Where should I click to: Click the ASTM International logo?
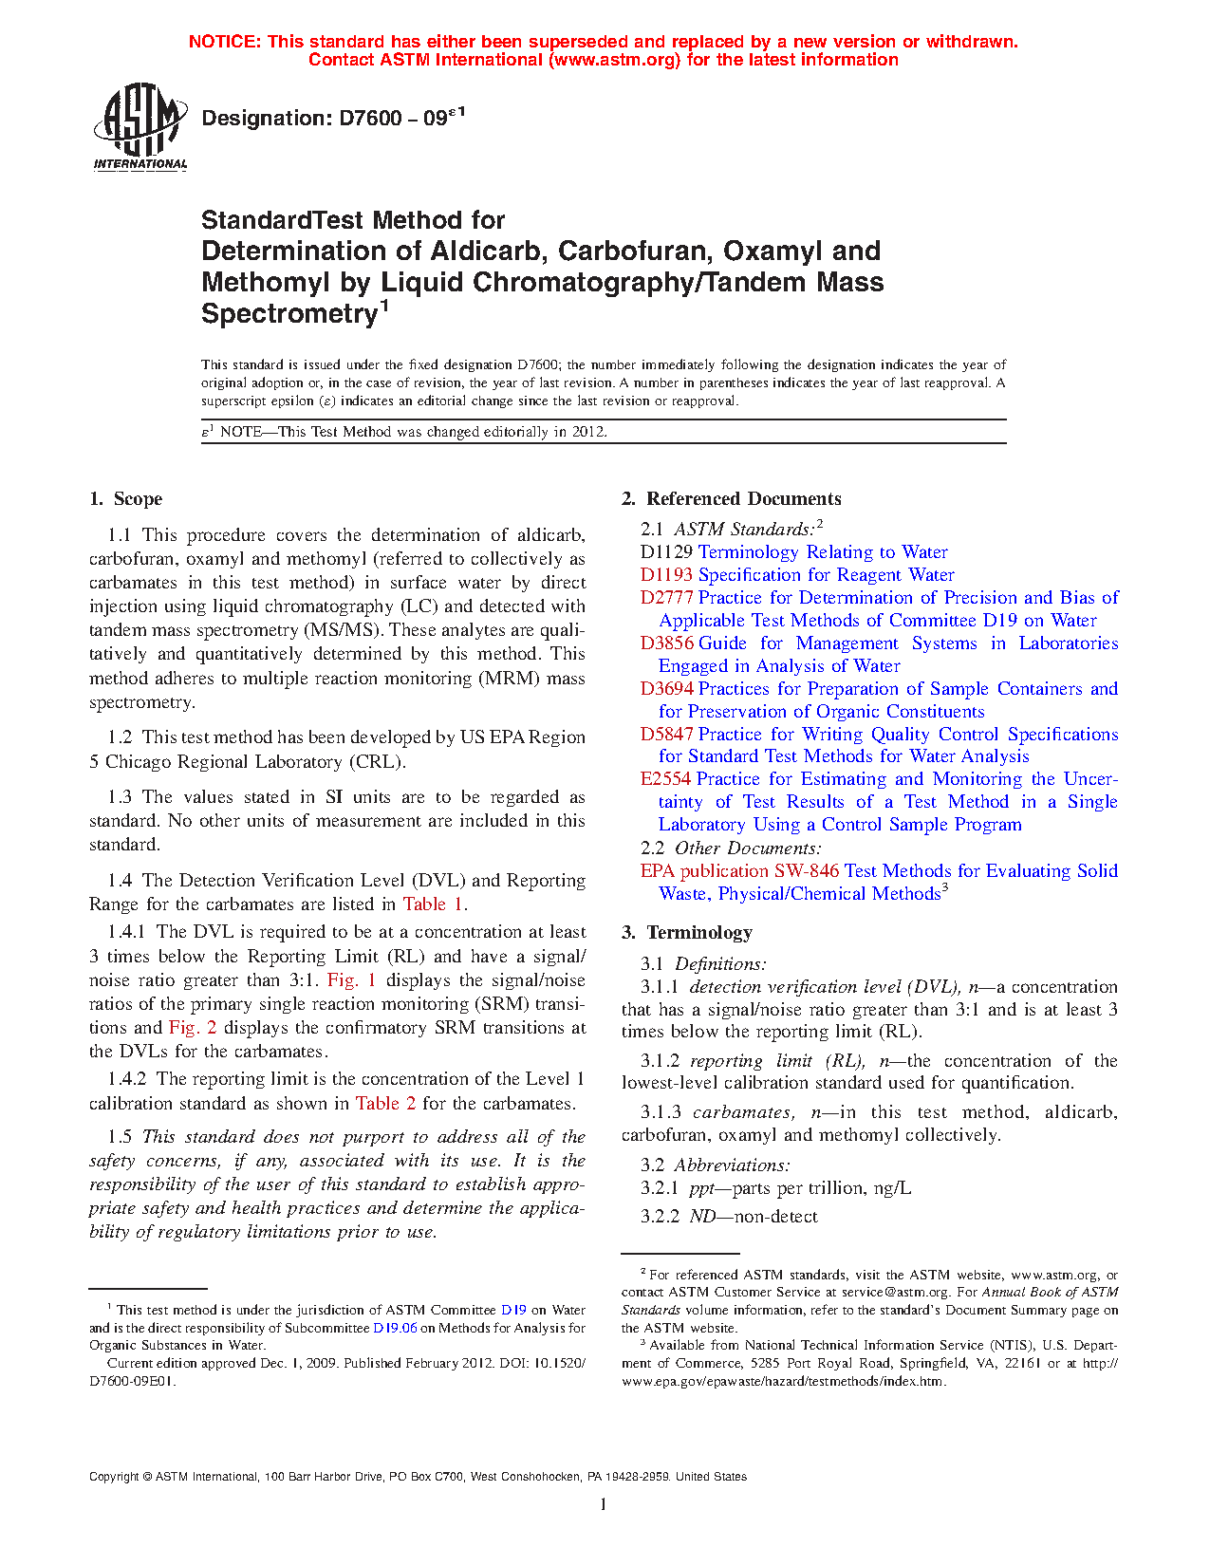coord(140,126)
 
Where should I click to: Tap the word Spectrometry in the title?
coord(289,314)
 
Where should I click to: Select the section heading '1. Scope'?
coord(126,499)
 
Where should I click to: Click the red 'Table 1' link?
coord(433,904)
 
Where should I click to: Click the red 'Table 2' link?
coord(385,1104)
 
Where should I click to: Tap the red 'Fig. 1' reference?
coord(352,980)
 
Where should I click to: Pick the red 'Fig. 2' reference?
coord(193,1028)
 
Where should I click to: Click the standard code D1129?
coord(666,552)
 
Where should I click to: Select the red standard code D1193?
coord(666,575)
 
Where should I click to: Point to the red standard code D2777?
coord(666,598)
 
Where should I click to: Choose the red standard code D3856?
coord(666,643)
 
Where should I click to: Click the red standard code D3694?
coord(666,689)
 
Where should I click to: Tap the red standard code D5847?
coord(666,735)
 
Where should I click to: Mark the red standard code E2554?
coord(665,779)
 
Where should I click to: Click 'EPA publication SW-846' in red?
coord(739,871)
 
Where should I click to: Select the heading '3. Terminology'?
coord(687,933)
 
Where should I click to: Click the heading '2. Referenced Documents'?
coord(732,499)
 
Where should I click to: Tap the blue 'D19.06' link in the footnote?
coord(395,1328)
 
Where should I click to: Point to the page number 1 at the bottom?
coord(604,1504)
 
